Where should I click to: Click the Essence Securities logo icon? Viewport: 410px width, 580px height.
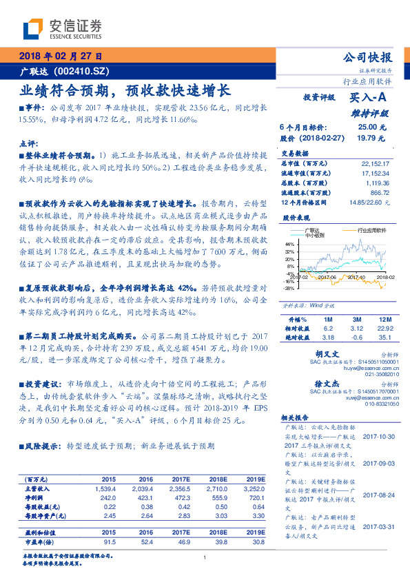point(32,29)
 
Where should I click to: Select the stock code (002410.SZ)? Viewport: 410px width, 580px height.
point(82,72)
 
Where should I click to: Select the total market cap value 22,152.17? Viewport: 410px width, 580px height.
point(375,163)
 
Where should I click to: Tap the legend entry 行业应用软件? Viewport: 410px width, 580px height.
point(371,231)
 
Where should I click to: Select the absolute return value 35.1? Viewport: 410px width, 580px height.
point(384,337)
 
